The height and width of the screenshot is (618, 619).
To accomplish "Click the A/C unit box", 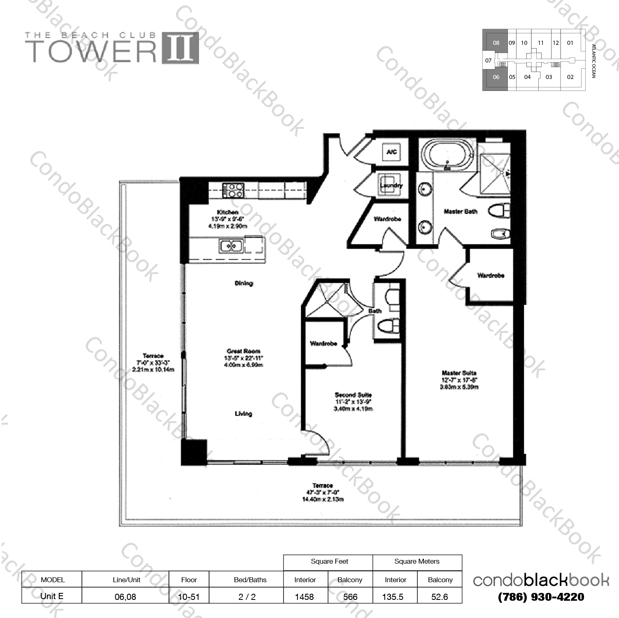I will (391, 152).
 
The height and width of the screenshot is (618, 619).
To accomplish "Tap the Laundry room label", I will (391, 185).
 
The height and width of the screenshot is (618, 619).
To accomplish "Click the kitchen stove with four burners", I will (234, 190).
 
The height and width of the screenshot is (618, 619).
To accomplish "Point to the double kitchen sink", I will (230, 246).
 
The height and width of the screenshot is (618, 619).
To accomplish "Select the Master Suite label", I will (459, 373).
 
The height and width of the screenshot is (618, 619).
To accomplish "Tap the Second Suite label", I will (353, 395).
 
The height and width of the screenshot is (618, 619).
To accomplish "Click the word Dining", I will (244, 283).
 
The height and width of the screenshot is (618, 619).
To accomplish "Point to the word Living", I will (243, 414).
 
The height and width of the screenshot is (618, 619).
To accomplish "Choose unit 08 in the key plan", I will (496, 42).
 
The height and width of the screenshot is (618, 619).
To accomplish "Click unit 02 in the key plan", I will (570, 77).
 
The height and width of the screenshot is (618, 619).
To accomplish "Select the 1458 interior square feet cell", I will (305, 597).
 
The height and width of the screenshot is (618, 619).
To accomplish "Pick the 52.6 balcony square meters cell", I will (440, 597).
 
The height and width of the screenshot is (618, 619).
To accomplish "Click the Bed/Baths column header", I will (250, 580).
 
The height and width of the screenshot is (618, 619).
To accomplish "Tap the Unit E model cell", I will (52, 596).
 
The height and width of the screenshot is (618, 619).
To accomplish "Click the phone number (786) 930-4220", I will (541, 597).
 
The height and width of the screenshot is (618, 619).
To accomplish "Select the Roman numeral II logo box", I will (180, 48).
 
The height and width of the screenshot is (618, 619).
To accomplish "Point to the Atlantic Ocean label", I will (593, 61).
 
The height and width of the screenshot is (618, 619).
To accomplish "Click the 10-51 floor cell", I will (189, 597).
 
